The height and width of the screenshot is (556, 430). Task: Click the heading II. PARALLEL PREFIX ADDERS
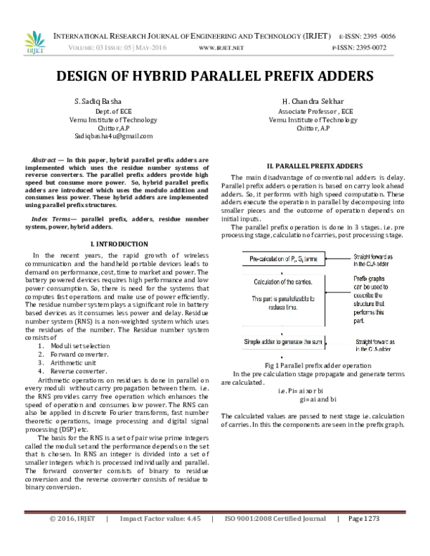(x=310, y=166)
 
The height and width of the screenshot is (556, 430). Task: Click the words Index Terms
(x=54, y=216)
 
